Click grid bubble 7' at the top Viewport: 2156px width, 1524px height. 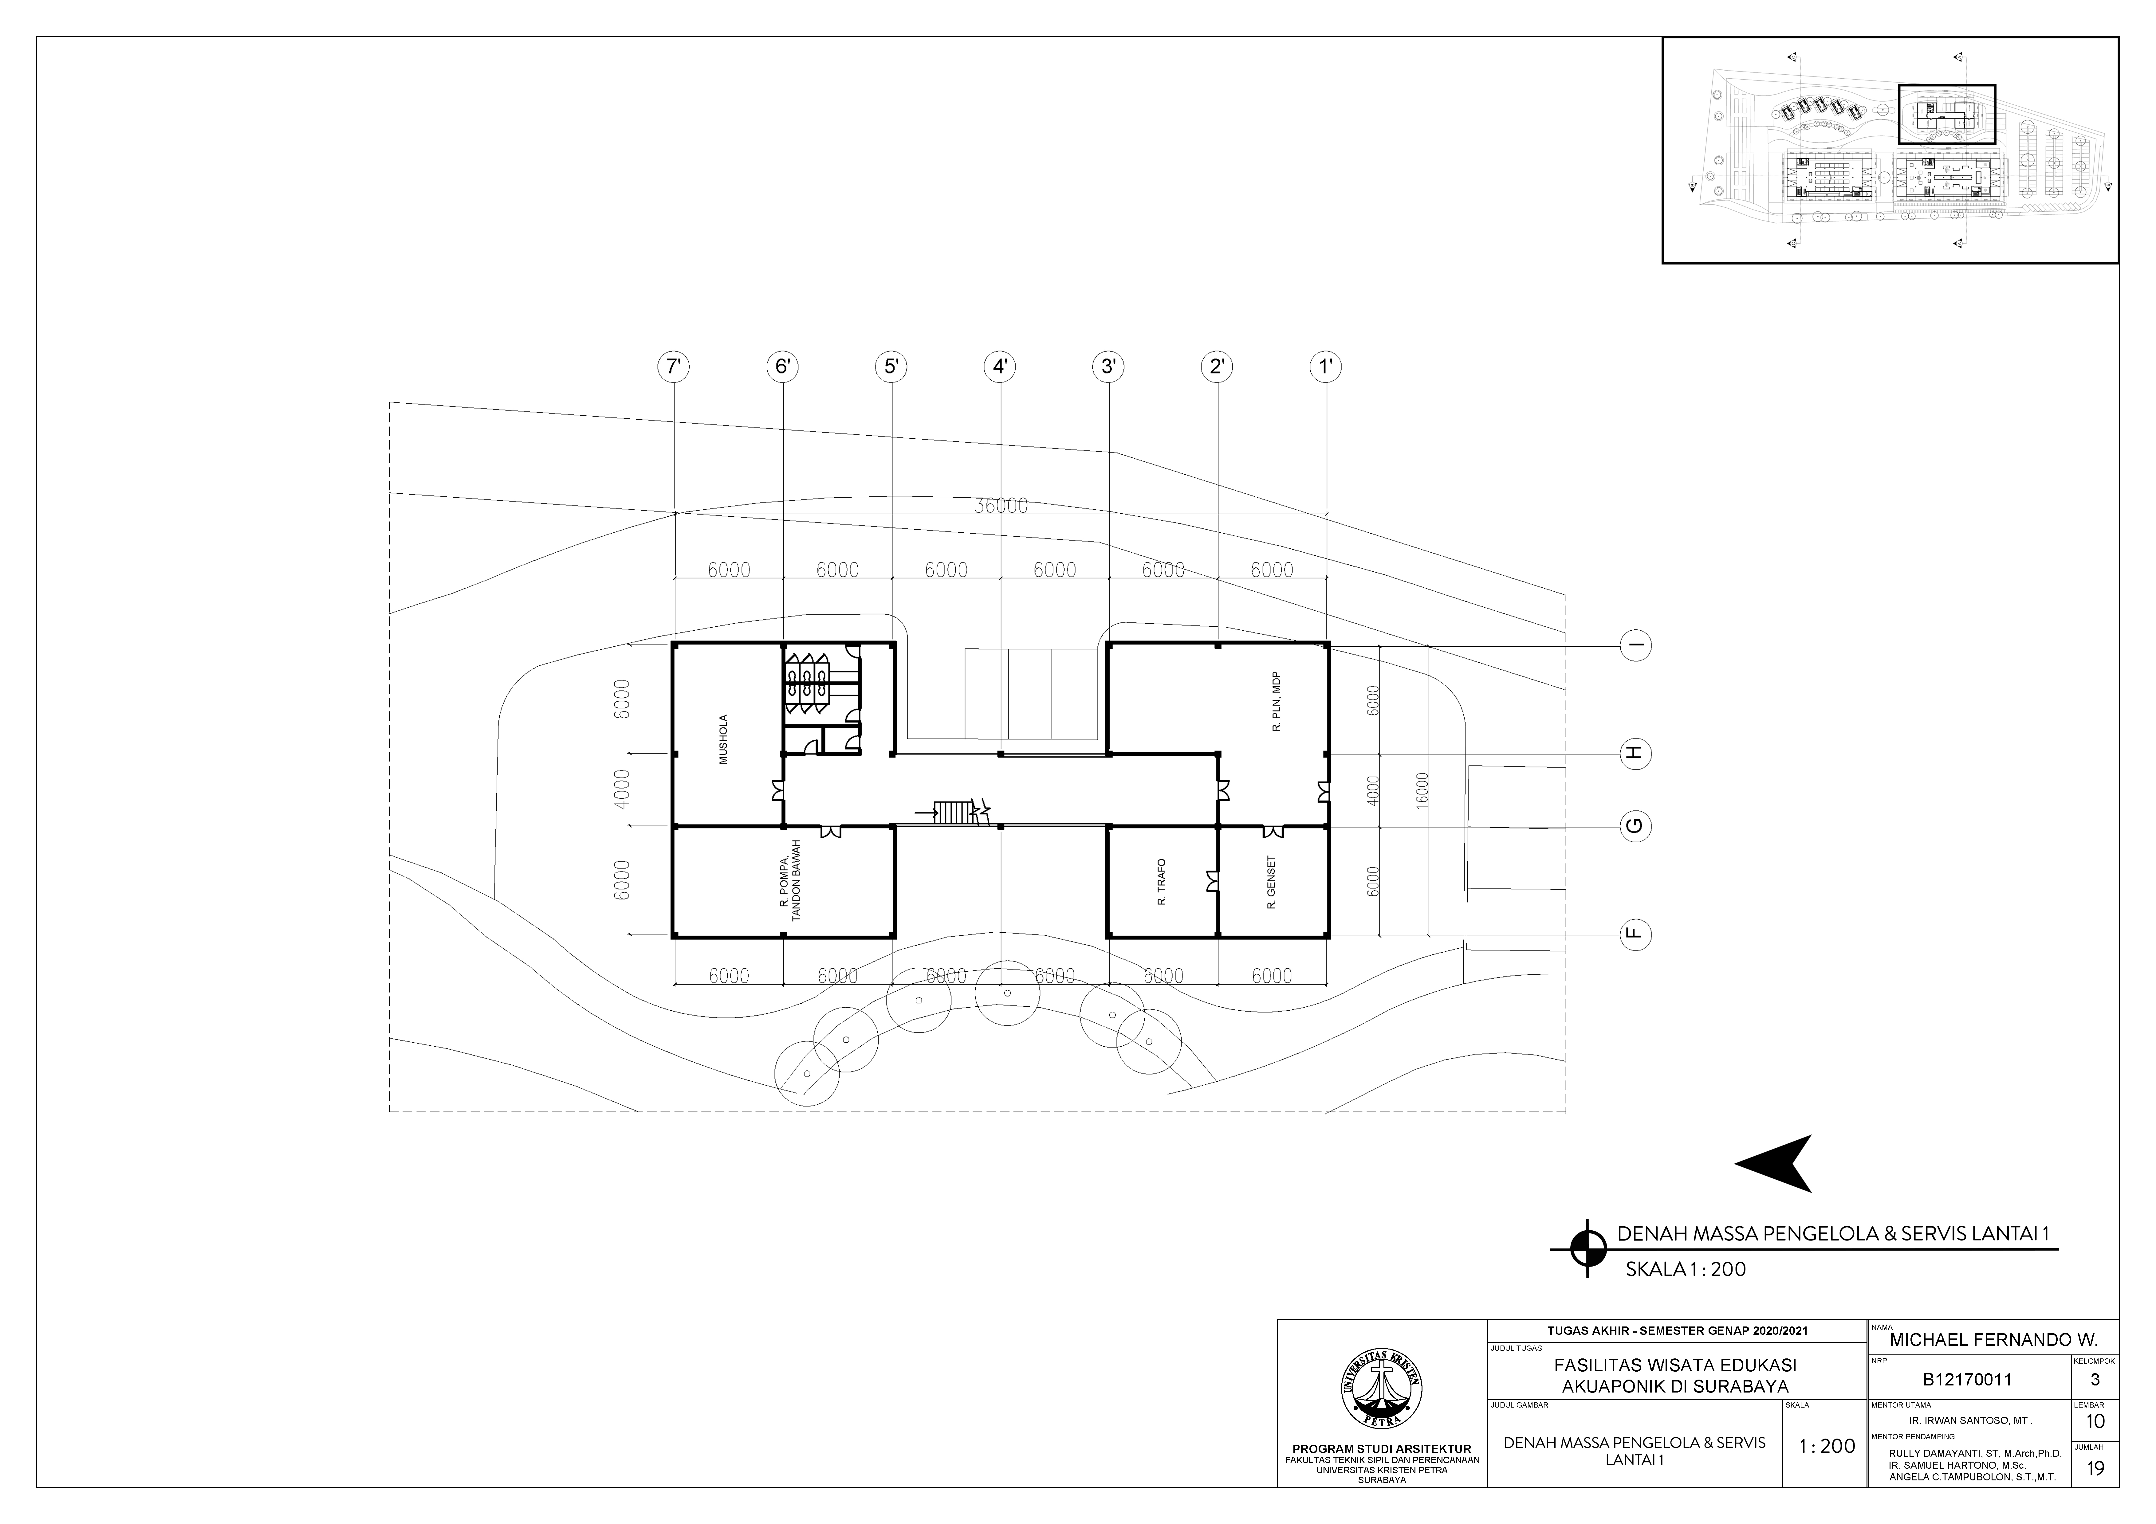tap(672, 366)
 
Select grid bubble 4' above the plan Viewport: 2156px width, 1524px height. tap(1000, 366)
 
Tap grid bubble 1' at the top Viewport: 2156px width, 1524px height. tap(1326, 366)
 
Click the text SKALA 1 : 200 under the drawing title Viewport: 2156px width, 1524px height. tap(1686, 1270)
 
